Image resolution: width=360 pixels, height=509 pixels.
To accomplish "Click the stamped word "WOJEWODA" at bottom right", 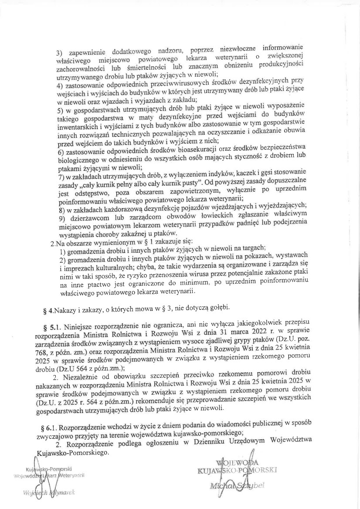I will tap(240, 462).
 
